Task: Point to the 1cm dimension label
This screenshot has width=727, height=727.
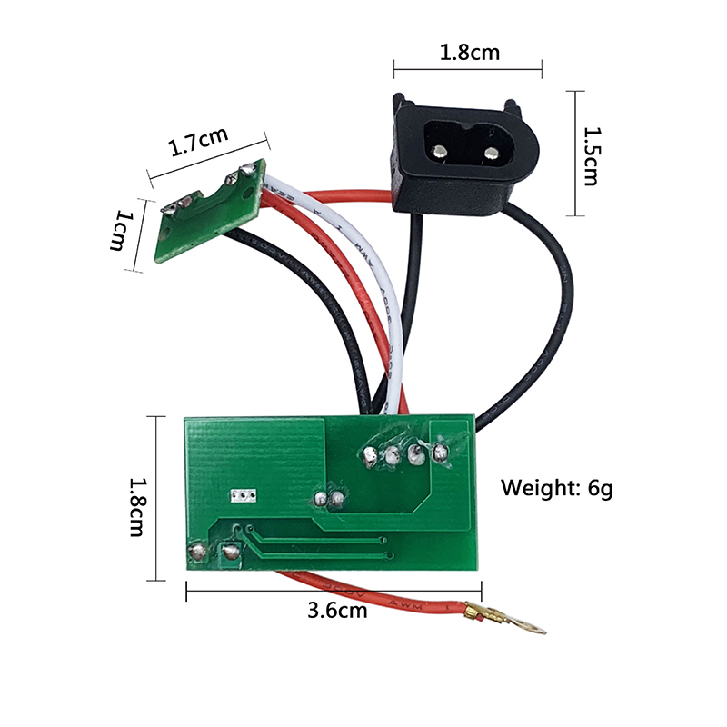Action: click(x=121, y=231)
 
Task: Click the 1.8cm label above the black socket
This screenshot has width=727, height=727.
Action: click(x=469, y=53)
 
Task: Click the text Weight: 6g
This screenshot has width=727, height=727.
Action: click(x=557, y=488)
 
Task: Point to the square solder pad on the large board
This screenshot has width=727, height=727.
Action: click(x=228, y=551)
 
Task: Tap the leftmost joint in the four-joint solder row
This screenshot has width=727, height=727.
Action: click(x=371, y=454)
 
